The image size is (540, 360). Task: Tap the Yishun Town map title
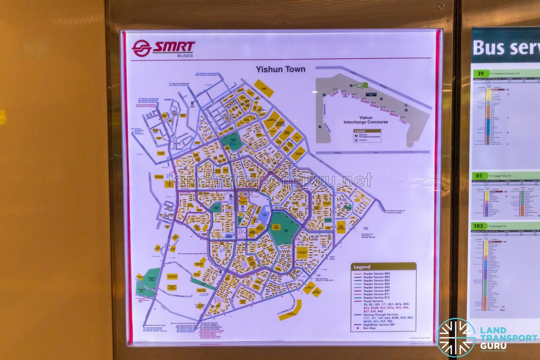pyautogui.click(x=280, y=69)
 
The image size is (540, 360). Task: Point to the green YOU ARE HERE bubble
pyautogui.click(x=362, y=85)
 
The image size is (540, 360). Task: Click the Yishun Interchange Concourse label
pyautogui.click(x=366, y=120)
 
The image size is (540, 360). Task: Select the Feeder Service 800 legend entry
pyautogui.click(x=377, y=274)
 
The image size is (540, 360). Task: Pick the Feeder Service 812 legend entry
pyautogui.click(x=377, y=298)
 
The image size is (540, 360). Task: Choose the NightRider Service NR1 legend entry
pyautogui.click(x=380, y=325)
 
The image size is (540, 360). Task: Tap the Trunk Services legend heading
pyautogui.click(x=373, y=301)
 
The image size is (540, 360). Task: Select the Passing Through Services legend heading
pyautogui.click(x=381, y=315)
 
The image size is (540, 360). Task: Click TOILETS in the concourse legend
pyautogui.click(x=363, y=140)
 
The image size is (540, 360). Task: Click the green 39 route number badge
pyautogui.click(x=480, y=73)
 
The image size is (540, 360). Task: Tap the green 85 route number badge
pyautogui.click(x=479, y=176)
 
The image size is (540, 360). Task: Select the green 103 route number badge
pyautogui.click(x=478, y=226)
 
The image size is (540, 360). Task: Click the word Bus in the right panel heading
pyautogui.click(x=487, y=47)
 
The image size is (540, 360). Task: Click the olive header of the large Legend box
pyautogui.click(x=383, y=267)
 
